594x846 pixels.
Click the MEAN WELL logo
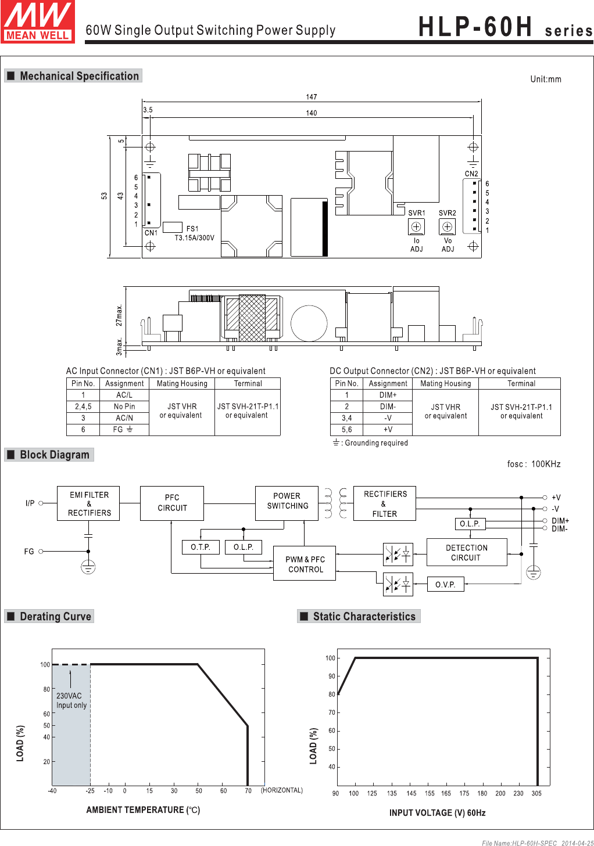[x=37, y=21]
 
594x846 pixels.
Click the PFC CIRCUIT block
[x=172, y=503]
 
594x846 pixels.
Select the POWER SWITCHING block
[x=287, y=503]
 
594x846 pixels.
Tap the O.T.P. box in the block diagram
[x=201, y=547]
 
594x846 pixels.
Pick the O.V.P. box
[x=445, y=585]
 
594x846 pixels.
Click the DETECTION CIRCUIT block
[x=467, y=553]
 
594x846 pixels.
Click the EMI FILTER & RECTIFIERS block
[x=88, y=503]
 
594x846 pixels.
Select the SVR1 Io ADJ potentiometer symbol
[x=416, y=226]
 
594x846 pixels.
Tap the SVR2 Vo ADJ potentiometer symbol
[x=448, y=226]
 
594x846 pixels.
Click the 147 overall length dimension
[x=312, y=97]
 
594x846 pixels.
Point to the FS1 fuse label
[x=192, y=229]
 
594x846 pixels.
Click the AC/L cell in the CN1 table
[x=124, y=395]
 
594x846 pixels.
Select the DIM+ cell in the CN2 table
[x=388, y=395]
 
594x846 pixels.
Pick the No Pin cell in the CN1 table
[x=124, y=407]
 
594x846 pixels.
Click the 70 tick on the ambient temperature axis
[x=248, y=791]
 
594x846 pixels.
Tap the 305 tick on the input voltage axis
[x=536, y=794]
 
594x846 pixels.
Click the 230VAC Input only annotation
[x=71, y=701]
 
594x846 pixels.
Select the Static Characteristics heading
[x=364, y=617]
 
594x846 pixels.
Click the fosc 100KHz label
[x=534, y=464]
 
